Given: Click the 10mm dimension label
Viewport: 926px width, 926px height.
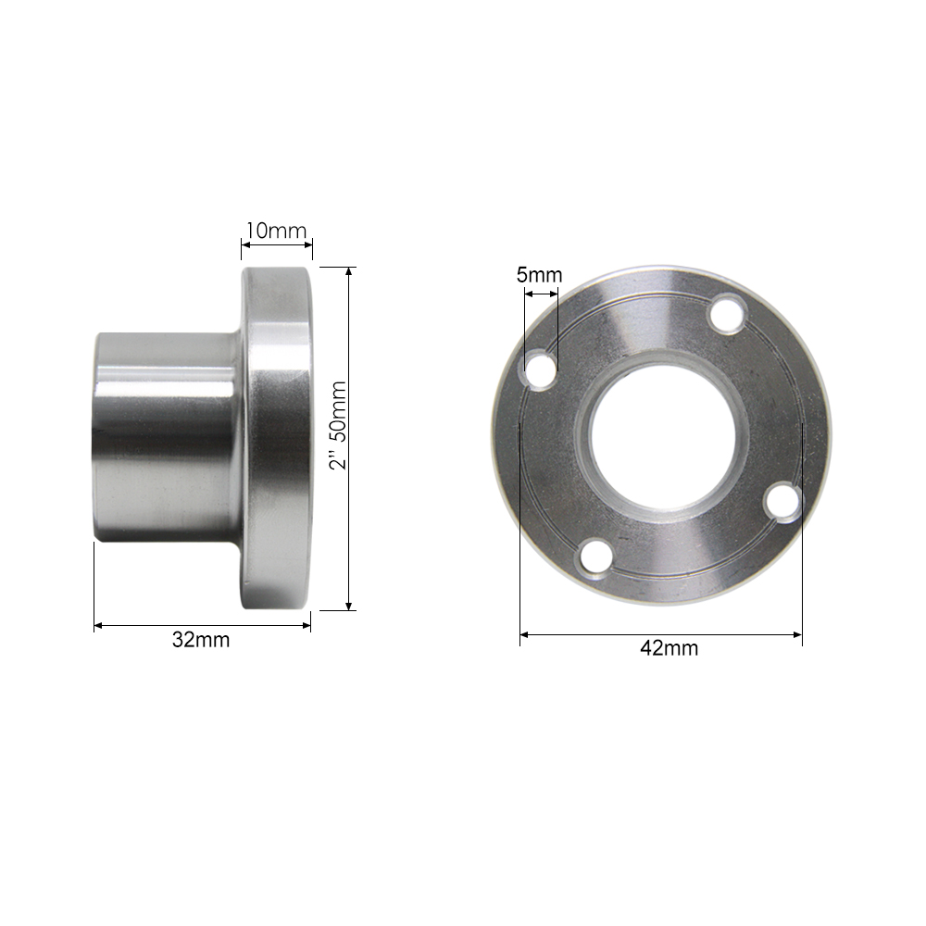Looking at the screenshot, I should [x=275, y=231].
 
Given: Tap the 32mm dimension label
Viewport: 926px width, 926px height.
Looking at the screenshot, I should [x=201, y=641].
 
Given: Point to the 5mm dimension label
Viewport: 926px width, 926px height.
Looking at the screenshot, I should [x=539, y=275].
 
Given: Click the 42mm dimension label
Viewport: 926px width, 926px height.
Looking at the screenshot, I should [x=669, y=648].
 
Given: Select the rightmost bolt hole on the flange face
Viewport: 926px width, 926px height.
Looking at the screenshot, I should [x=782, y=500].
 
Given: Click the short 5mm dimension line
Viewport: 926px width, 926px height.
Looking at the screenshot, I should [x=541, y=294].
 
